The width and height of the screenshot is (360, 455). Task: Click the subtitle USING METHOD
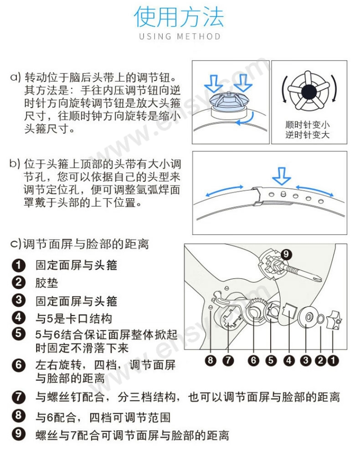180,36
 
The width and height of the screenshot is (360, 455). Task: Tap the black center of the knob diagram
309,92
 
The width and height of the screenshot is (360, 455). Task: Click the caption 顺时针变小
307,125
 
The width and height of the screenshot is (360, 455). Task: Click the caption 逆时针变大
307,135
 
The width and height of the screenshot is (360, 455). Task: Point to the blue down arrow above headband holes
281,176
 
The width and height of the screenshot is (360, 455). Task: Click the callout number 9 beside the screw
286,254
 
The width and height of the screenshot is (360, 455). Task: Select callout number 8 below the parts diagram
211,360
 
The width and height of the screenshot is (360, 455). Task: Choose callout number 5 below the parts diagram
271,360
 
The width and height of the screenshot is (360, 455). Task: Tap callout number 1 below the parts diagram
333,360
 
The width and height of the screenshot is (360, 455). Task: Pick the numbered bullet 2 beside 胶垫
19,282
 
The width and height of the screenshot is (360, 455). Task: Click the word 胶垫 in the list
47,283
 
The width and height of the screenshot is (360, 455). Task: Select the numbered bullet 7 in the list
19,397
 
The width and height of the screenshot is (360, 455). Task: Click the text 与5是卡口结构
74,319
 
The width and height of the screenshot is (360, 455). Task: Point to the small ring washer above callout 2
320,319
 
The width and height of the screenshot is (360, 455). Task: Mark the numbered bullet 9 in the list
19,434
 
